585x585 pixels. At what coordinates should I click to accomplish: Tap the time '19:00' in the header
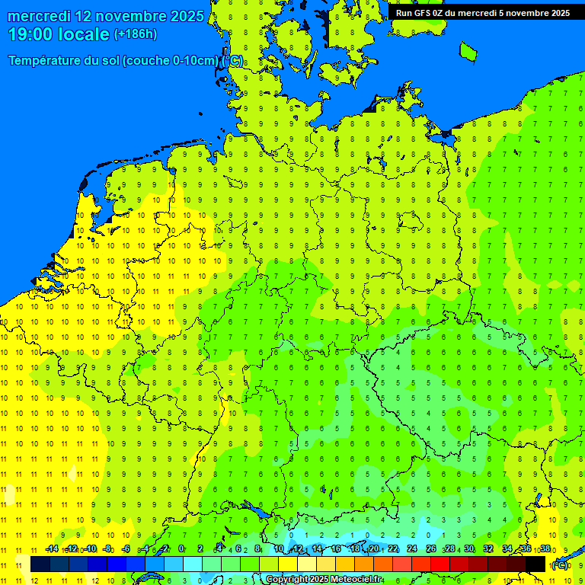point(32,34)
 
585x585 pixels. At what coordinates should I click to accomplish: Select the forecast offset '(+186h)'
point(135,34)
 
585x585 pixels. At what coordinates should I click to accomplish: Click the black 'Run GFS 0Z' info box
point(482,12)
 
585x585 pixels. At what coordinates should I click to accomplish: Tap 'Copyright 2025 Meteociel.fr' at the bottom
point(324,580)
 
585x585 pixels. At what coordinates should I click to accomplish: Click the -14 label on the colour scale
point(52,549)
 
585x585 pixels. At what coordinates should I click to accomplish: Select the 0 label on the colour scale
point(181,549)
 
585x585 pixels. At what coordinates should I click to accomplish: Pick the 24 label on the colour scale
point(412,549)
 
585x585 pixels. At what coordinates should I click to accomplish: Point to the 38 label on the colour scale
point(545,549)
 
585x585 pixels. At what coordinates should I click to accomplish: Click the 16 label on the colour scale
point(335,549)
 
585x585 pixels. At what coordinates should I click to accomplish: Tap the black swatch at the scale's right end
point(536,564)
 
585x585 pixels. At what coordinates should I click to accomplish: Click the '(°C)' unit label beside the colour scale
point(560,565)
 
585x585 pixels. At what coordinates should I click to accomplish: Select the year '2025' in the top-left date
point(185,16)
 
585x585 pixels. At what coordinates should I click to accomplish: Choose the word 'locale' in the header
point(85,34)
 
